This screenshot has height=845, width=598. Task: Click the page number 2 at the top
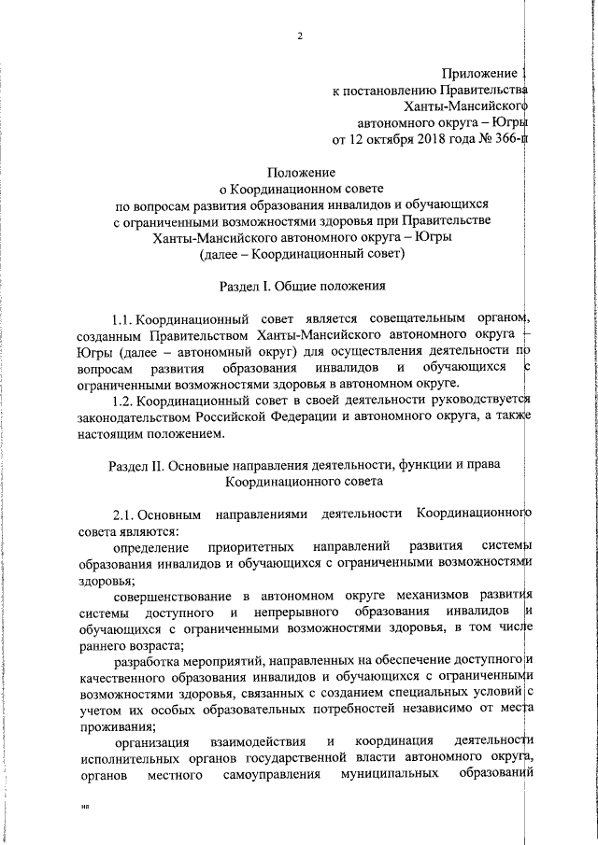coord(300,35)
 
